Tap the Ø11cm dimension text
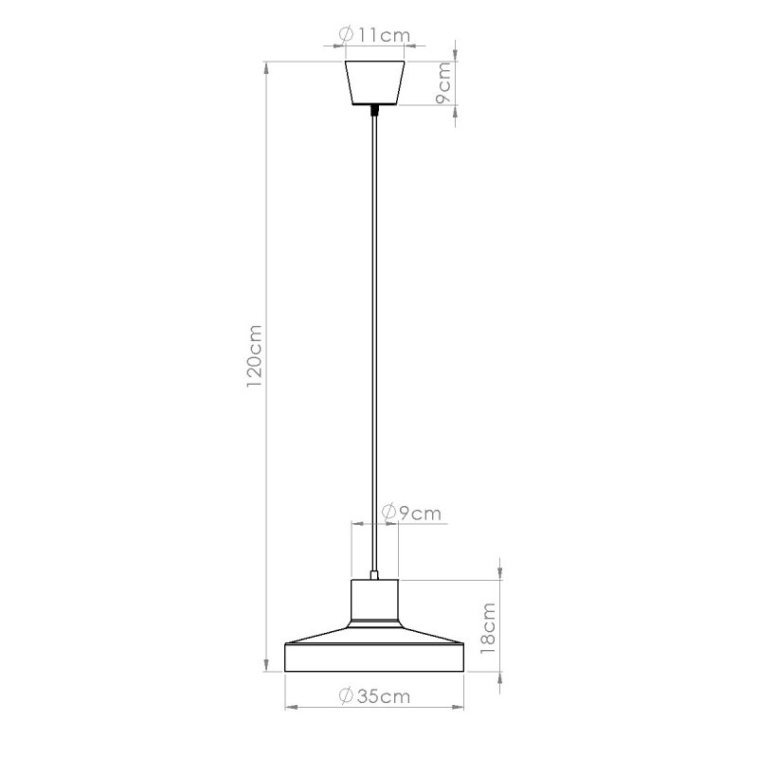374,35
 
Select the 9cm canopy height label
443,83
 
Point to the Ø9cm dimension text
410,513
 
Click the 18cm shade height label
489,627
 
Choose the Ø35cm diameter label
374,696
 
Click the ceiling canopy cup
376,83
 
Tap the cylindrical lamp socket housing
375,600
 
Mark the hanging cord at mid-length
376,341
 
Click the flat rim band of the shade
375,659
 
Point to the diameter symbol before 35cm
347,696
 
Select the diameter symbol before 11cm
347,35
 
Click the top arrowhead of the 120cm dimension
266,67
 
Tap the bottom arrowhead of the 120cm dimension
266,667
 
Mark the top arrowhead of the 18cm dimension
501,572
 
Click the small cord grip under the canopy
376,110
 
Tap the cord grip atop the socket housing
376,573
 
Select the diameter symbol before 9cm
388,513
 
